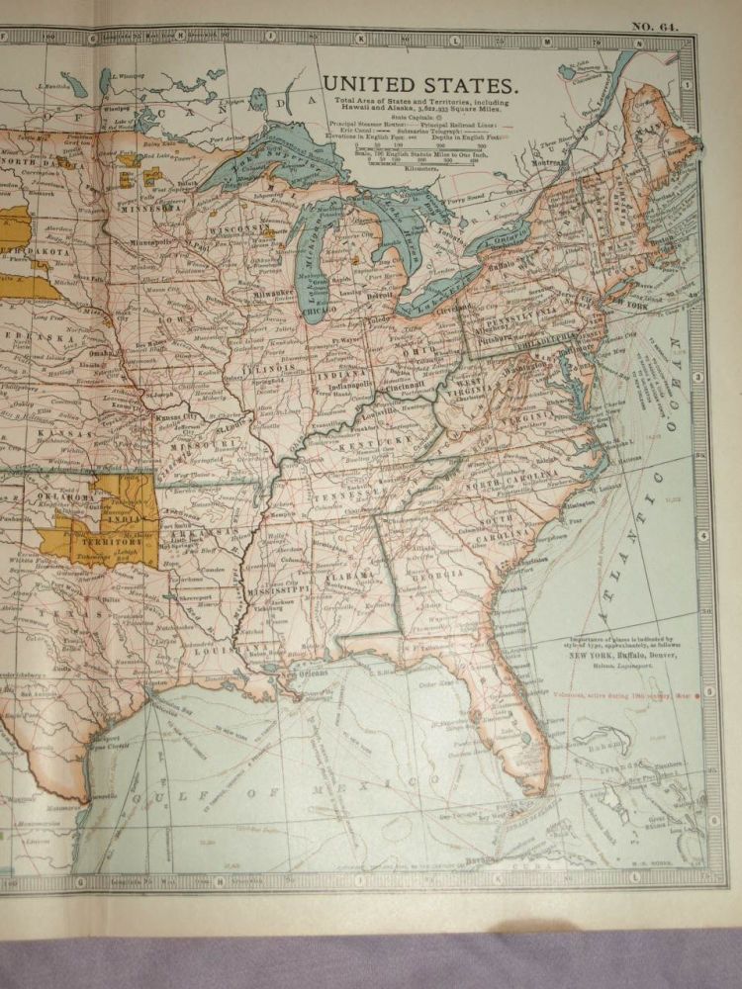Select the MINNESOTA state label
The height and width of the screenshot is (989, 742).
point(149,209)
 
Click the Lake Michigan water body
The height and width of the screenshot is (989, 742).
point(315,267)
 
